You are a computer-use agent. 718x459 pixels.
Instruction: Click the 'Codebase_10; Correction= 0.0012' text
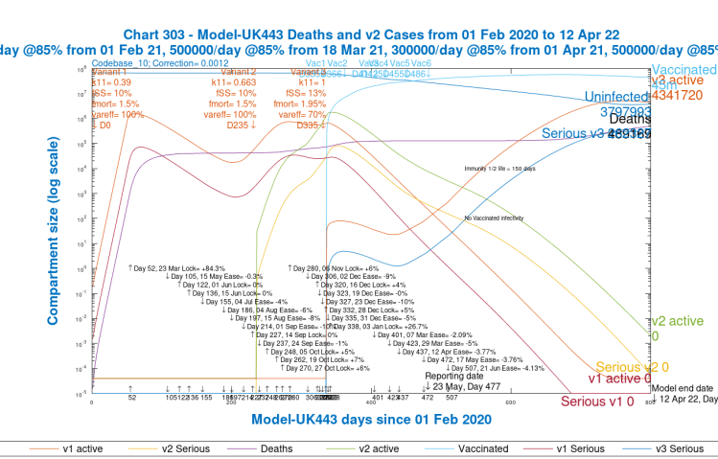tap(145, 63)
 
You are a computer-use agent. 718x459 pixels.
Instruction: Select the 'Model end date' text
tap(683, 387)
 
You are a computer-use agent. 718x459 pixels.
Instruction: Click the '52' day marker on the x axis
tap(130, 398)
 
